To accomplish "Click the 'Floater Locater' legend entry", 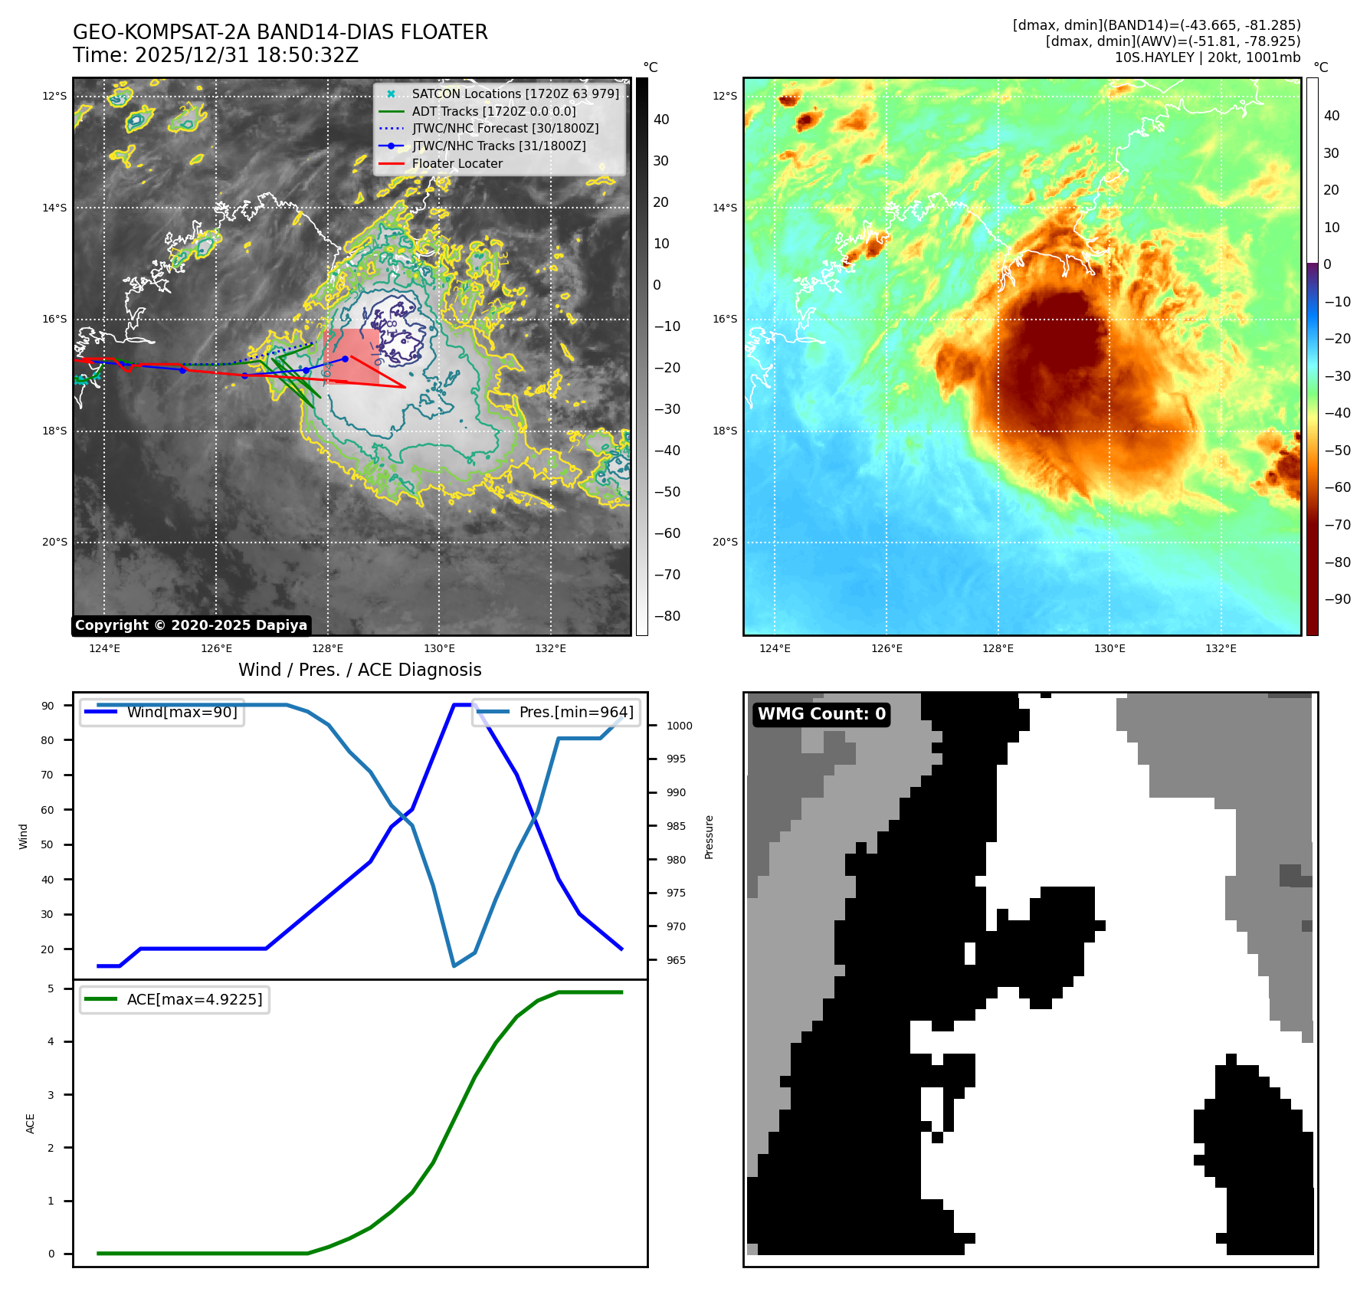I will tap(457, 163).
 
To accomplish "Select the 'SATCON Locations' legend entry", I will tap(515, 93).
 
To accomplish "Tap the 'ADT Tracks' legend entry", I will tap(493, 111).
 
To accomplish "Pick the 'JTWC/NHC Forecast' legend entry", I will tap(505, 128).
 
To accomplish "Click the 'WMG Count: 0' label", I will tap(821, 714).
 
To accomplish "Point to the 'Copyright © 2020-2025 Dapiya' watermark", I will tap(191, 625).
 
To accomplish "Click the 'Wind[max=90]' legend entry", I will tap(182, 712).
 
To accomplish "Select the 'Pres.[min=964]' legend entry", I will tap(576, 712).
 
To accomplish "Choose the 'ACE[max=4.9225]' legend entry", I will tap(194, 999).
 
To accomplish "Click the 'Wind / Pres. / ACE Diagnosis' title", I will tap(360, 670).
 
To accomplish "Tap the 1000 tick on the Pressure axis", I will tap(679, 726).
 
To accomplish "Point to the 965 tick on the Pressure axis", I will tap(676, 960).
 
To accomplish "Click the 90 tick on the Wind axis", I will tap(48, 706).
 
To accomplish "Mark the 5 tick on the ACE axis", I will tap(51, 988).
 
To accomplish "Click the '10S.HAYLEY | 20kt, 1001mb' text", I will tap(1207, 57).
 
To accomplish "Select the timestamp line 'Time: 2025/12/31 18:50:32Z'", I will tap(215, 55).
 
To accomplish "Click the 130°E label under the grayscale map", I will tap(439, 649).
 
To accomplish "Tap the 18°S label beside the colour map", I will tap(725, 431).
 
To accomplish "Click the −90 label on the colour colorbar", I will tap(1337, 599).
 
